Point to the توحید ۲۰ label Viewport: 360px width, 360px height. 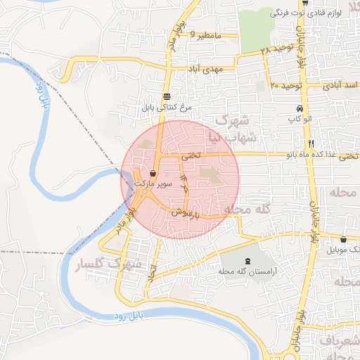[285, 85]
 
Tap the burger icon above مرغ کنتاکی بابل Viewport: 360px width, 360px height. [167, 97]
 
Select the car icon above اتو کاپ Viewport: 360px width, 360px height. [300, 110]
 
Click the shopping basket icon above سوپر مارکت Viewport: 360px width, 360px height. [153, 173]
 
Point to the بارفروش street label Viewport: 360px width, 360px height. [188, 211]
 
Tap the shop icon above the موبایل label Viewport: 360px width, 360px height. [343, 239]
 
